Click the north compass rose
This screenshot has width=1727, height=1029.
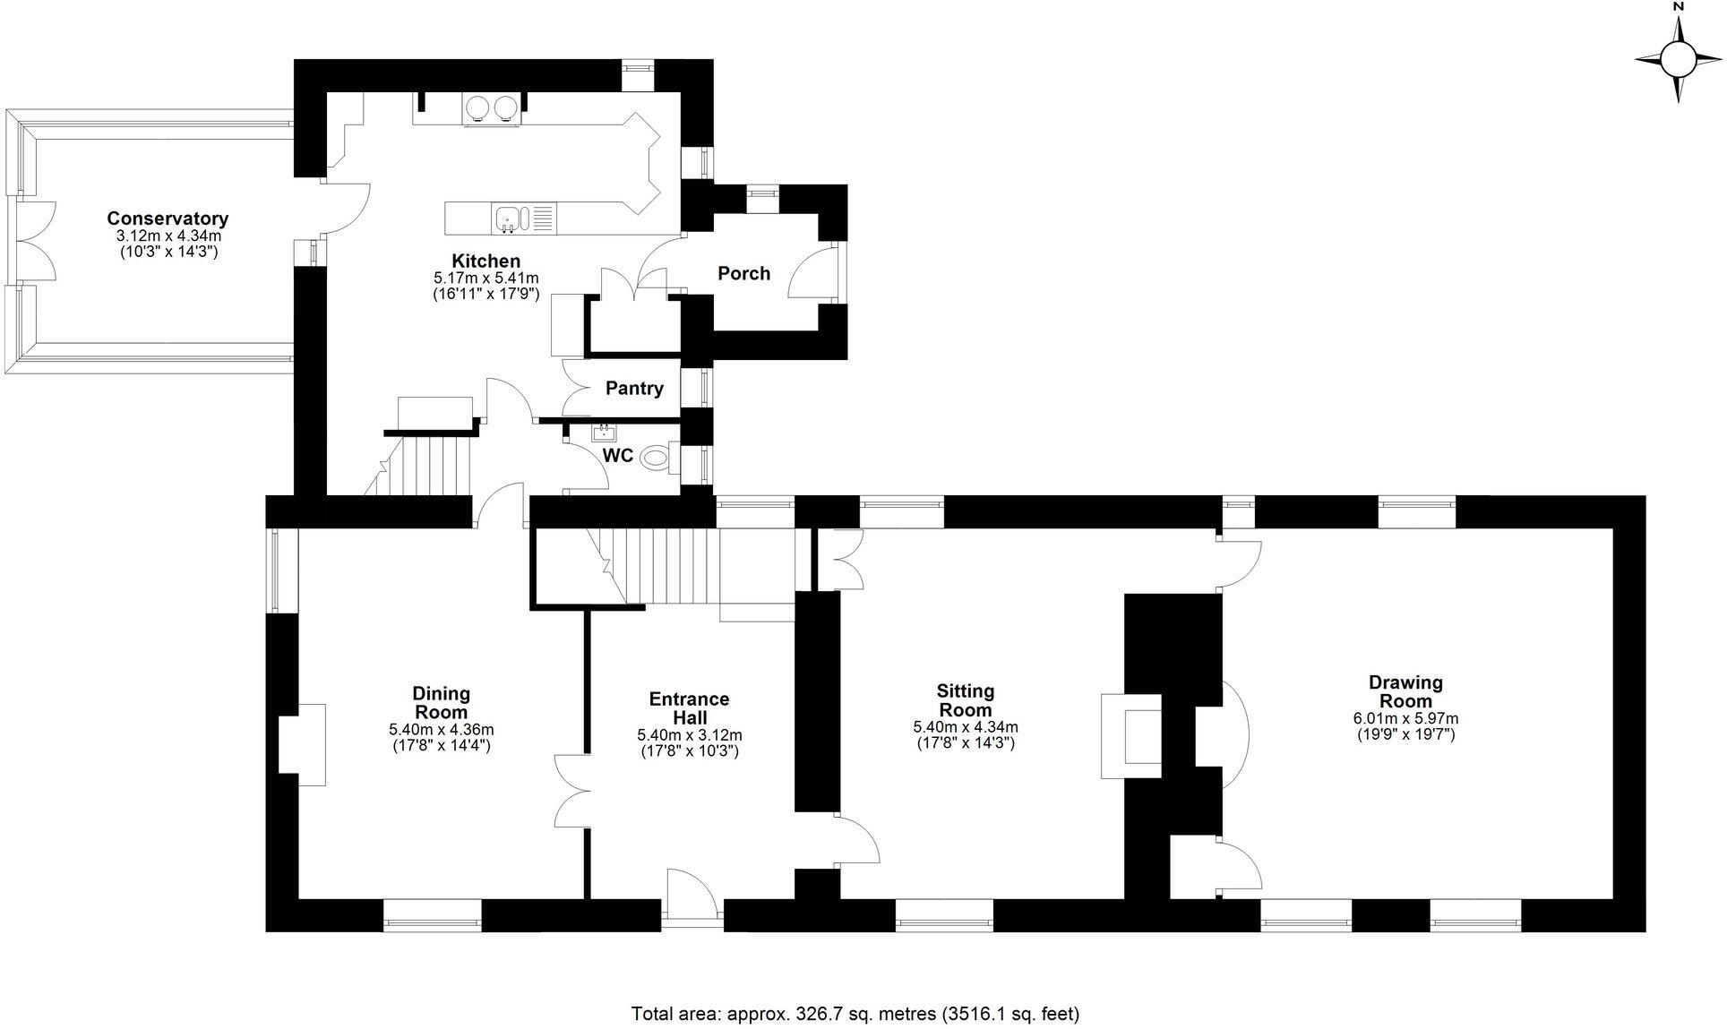point(1678,60)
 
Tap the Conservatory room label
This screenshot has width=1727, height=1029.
point(168,219)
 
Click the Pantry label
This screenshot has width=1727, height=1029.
point(634,389)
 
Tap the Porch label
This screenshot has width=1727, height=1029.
point(743,274)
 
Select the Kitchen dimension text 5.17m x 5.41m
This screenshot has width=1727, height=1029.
point(485,279)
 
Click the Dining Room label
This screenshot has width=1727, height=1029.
point(441,702)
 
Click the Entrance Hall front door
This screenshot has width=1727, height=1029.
point(692,893)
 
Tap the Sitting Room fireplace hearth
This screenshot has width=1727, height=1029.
point(1131,735)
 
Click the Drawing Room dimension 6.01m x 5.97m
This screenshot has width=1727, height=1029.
point(1405,718)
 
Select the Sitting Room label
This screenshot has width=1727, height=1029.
point(965,699)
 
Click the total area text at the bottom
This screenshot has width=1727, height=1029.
point(855,1014)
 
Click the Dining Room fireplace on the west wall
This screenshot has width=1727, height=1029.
point(301,744)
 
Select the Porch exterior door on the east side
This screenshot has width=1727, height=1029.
point(815,273)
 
